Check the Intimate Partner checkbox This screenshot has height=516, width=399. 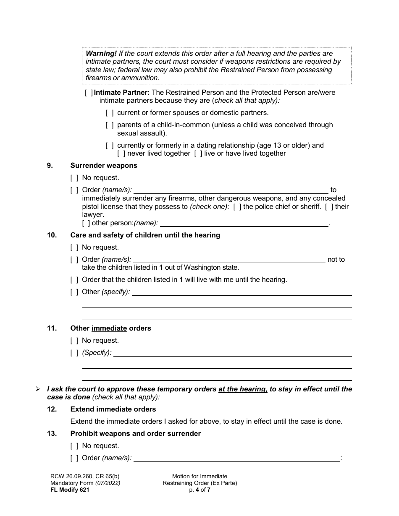click(x=89, y=92)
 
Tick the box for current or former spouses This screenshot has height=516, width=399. click(x=109, y=112)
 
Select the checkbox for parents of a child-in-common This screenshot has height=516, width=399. click(x=109, y=125)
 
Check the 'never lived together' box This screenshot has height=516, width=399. click(x=121, y=154)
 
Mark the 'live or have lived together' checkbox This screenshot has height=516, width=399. click(x=198, y=154)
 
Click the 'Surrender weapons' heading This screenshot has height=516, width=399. click(x=104, y=165)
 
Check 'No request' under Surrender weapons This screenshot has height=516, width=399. click(x=74, y=178)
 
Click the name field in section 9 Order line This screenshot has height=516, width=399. click(x=231, y=190)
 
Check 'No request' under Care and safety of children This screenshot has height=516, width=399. click(x=74, y=248)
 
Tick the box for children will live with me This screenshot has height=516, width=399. click(x=74, y=279)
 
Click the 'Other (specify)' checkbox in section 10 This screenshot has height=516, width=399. click(x=74, y=292)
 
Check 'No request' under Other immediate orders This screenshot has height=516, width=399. click(x=74, y=341)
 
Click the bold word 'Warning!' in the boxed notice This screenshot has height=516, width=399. click(x=101, y=54)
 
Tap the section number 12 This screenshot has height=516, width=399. click(x=52, y=409)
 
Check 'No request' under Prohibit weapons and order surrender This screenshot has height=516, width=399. click(x=74, y=446)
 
